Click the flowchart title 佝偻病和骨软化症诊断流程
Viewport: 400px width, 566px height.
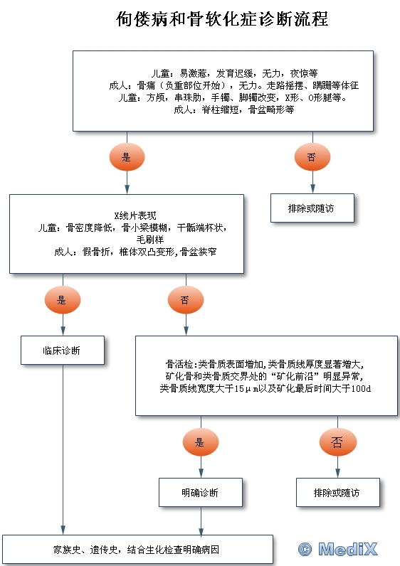tap(222, 19)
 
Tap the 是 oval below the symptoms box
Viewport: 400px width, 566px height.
tap(127, 157)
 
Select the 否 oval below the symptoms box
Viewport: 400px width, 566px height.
tap(312, 157)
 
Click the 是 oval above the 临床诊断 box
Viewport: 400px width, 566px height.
tap(63, 300)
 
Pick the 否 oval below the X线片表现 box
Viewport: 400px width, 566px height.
tap(186, 300)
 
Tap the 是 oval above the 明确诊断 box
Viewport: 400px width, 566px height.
tap(201, 442)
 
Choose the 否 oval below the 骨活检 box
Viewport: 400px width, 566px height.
tap(337, 442)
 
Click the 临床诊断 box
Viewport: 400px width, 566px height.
tap(63, 350)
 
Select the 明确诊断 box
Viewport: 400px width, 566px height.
tap(201, 492)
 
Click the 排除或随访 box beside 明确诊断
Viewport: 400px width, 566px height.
tap(338, 492)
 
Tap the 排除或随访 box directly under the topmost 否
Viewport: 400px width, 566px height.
tap(312, 208)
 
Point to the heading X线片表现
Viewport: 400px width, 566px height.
tap(135, 216)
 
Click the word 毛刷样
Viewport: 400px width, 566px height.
tap(150, 240)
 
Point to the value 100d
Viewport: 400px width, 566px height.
tap(361, 388)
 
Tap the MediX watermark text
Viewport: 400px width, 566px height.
tap(348, 550)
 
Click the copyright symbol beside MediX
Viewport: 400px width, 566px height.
tap(305, 550)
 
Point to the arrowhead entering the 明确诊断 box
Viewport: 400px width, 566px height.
tap(201, 474)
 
